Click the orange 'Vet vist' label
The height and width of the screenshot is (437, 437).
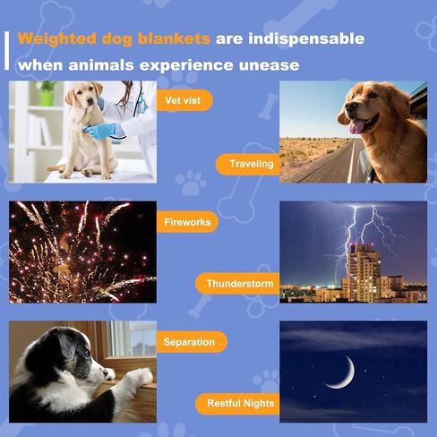click(x=184, y=100)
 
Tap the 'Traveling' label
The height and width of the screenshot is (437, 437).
click(x=248, y=164)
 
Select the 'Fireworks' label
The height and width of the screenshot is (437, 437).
click(x=187, y=222)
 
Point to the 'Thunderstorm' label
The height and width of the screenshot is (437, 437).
click(x=237, y=283)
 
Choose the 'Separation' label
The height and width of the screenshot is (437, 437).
click(x=192, y=342)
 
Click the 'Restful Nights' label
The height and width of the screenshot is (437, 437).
click(x=237, y=404)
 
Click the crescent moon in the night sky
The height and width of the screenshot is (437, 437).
click(x=343, y=374)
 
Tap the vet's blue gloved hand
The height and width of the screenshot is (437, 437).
click(x=99, y=132)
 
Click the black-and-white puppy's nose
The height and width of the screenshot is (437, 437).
click(x=106, y=373)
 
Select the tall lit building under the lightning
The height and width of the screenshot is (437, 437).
click(x=362, y=272)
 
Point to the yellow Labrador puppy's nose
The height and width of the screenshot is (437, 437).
click(x=90, y=102)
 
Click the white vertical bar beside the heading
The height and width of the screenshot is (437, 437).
click(x=7, y=51)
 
